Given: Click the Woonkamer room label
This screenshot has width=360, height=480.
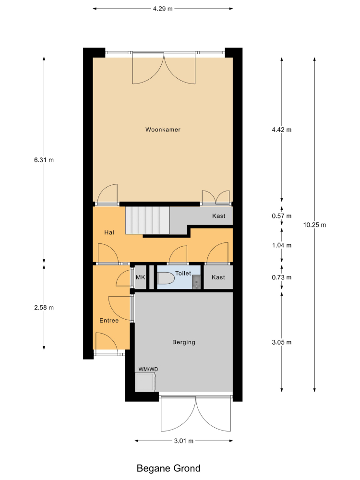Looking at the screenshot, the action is click(163, 130).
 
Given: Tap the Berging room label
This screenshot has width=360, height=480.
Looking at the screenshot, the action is click(184, 342).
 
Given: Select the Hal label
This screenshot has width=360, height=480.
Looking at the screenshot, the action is click(109, 232).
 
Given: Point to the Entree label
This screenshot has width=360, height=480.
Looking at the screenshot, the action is click(109, 321).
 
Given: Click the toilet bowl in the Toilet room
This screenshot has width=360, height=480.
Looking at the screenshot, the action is click(166, 278).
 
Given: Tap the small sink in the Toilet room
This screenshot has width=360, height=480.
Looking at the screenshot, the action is click(196, 282).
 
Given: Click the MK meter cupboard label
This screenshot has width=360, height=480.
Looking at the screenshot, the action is click(141, 277).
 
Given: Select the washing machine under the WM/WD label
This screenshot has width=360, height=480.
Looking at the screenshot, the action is click(145, 382).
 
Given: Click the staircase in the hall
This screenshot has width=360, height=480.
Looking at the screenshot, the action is click(147, 220).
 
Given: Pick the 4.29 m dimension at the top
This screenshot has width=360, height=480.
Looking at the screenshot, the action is click(163, 9).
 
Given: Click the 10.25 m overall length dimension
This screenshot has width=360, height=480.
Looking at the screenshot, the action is click(315, 225).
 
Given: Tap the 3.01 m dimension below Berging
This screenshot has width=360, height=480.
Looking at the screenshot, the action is click(184, 441).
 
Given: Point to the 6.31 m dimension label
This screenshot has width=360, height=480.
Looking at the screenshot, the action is click(44, 160).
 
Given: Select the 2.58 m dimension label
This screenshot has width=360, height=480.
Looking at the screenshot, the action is click(44, 307).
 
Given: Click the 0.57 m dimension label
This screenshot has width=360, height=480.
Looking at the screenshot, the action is click(282, 216).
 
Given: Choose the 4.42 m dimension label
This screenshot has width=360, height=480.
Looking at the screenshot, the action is click(282, 130).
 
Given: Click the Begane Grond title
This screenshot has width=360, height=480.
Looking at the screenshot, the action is click(168, 468).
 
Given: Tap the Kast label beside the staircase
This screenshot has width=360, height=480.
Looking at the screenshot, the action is click(218, 216).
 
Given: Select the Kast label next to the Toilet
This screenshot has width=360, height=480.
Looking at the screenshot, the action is click(218, 277).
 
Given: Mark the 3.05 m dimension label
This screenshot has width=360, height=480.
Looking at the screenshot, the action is click(282, 342).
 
